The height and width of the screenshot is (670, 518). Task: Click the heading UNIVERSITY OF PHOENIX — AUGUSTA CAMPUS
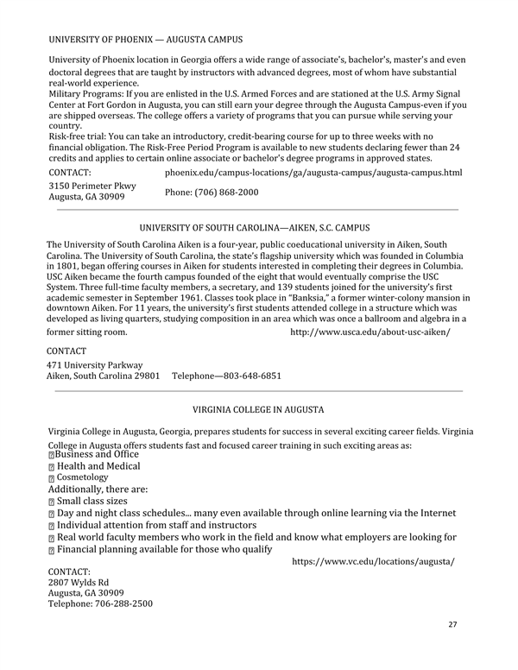click(x=145, y=40)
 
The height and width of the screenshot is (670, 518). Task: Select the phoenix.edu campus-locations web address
click(x=313, y=173)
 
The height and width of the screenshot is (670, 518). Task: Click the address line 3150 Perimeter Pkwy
click(x=92, y=186)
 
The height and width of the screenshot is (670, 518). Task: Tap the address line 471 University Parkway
click(x=95, y=364)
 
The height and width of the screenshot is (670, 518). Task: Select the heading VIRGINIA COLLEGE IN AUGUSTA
click(x=258, y=410)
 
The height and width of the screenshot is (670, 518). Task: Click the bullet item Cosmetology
click(x=83, y=477)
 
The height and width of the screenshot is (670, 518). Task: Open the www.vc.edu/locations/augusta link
click(x=373, y=561)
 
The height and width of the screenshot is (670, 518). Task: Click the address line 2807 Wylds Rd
click(x=79, y=583)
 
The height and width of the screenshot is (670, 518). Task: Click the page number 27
click(x=453, y=624)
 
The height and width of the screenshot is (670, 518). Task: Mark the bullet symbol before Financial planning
click(x=52, y=549)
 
